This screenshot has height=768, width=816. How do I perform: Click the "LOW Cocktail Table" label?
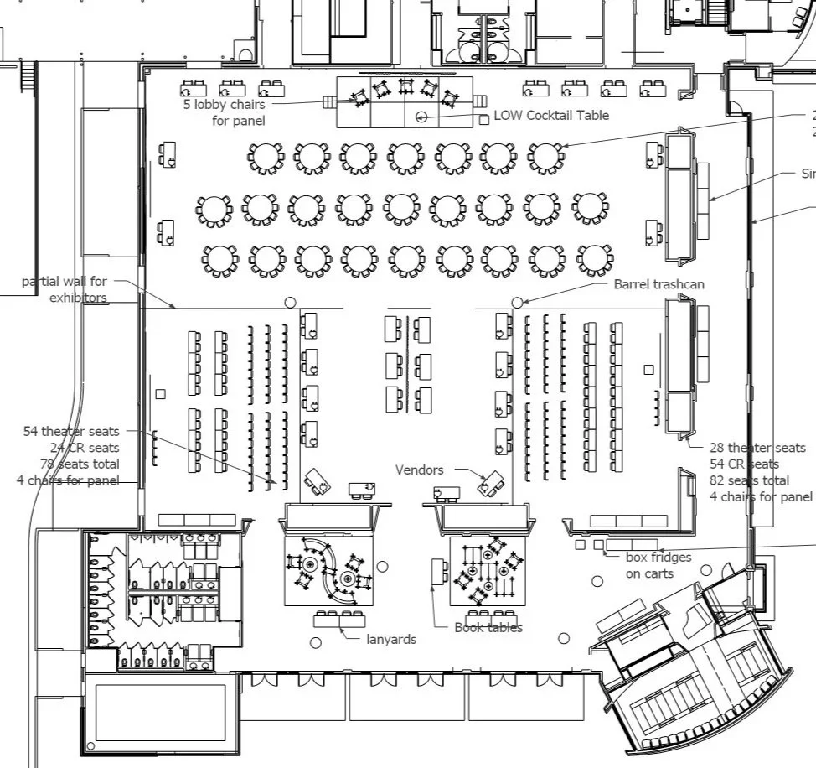click(x=551, y=115)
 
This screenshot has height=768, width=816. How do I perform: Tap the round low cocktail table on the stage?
click(x=421, y=117)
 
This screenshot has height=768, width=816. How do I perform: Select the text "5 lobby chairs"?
click(x=224, y=105)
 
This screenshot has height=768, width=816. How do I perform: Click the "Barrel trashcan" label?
click(x=658, y=284)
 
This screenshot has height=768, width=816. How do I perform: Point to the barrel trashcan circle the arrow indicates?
click(x=517, y=302)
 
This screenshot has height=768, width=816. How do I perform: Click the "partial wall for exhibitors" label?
click(x=65, y=289)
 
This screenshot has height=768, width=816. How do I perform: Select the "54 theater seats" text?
click(x=70, y=431)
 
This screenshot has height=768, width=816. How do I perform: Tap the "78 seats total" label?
click(x=80, y=464)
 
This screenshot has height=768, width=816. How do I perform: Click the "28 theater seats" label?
click(x=757, y=448)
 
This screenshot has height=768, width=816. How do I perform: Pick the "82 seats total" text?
click(x=749, y=480)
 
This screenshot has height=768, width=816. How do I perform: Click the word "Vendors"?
click(x=420, y=470)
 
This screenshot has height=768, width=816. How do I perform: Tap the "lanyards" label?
click(x=391, y=639)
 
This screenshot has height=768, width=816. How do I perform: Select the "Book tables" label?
click(x=488, y=627)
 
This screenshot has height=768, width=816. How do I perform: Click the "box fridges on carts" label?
click(x=658, y=565)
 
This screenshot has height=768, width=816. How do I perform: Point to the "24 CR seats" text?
click(x=85, y=448)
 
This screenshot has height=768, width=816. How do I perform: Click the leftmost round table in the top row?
click(x=266, y=156)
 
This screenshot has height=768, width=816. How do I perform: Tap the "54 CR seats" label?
click(x=744, y=464)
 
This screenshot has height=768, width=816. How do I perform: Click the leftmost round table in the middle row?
click(x=214, y=208)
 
